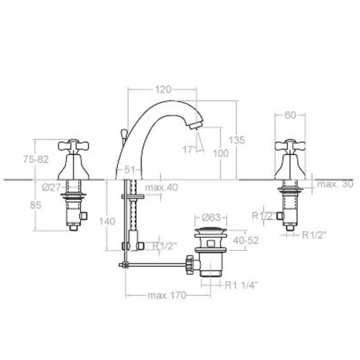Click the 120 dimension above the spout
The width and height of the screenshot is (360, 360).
click(x=163, y=89)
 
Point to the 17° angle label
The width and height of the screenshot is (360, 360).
click(x=189, y=149)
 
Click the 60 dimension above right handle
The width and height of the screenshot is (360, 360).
click(x=290, y=115)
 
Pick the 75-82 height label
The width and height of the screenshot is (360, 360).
click(x=35, y=159)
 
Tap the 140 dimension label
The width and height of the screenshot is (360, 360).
click(x=106, y=221)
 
